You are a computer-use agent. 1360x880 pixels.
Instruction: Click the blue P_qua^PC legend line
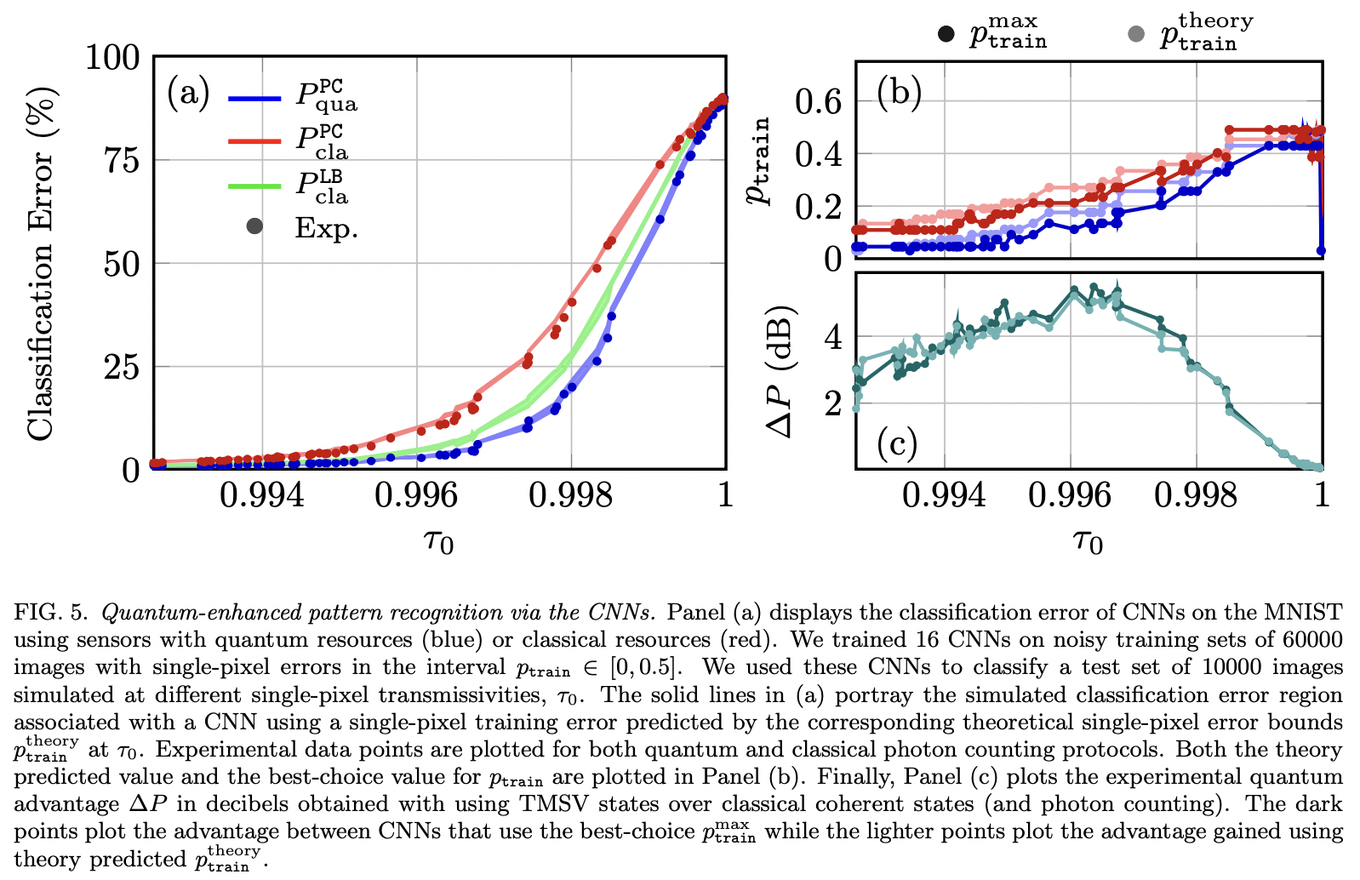pyautogui.click(x=254, y=98)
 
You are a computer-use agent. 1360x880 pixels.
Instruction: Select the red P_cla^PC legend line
pyautogui.click(x=254, y=140)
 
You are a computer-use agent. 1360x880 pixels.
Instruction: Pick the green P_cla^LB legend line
pyautogui.click(x=254, y=185)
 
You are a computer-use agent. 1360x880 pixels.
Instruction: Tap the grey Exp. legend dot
pyautogui.click(x=254, y=226)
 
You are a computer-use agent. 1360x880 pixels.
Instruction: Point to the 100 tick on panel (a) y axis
pyautogui.click(x=112, y=58)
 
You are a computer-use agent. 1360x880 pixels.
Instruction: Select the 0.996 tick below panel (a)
pyautogui.click(x=416, y=494)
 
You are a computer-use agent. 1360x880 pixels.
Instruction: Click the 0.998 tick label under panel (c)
pyautogui.click(x=1195, y=494)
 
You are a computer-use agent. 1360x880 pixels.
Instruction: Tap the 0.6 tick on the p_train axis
pyautogui.click(x=817, y=102)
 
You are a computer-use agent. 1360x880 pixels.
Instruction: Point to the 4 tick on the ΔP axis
pyautogui.click(x=832, y=338)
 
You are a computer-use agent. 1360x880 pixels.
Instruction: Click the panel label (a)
pyautogui.click(x=188, y=92)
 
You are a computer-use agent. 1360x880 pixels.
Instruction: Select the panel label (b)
pyautogui.click(x=900, y=92)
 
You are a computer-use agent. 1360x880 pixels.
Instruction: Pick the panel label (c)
pyautogui.click(x=897, y=443)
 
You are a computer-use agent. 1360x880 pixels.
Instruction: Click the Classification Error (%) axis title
pyautogui.click(x=40, y=264)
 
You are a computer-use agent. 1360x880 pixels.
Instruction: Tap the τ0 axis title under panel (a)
pyautogui.click(x=438, y=540)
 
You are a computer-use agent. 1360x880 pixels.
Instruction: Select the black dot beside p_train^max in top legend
pyautogui.click(x=946, y=34)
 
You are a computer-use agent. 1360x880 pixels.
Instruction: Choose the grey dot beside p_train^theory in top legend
pyautogui.click(x=1135, y=34)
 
